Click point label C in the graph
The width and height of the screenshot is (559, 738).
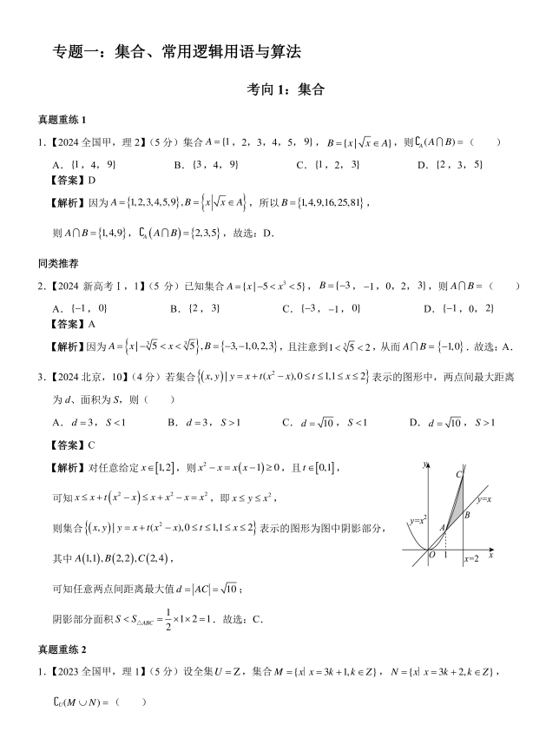click(458, 474)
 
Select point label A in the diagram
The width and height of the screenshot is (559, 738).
click(441, 527)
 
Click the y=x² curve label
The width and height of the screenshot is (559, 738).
click(418, 520)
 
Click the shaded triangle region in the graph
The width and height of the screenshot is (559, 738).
click(457, 508)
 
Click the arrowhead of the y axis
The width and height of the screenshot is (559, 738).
click(425, 464)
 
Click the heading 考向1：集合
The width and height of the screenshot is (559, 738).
click(279, 88)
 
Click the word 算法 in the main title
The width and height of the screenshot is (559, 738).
click(286, 52)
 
